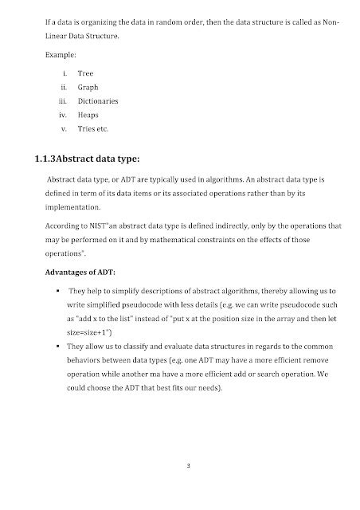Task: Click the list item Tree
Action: (x=85, y=72)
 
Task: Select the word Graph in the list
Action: (x=88, y=86)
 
